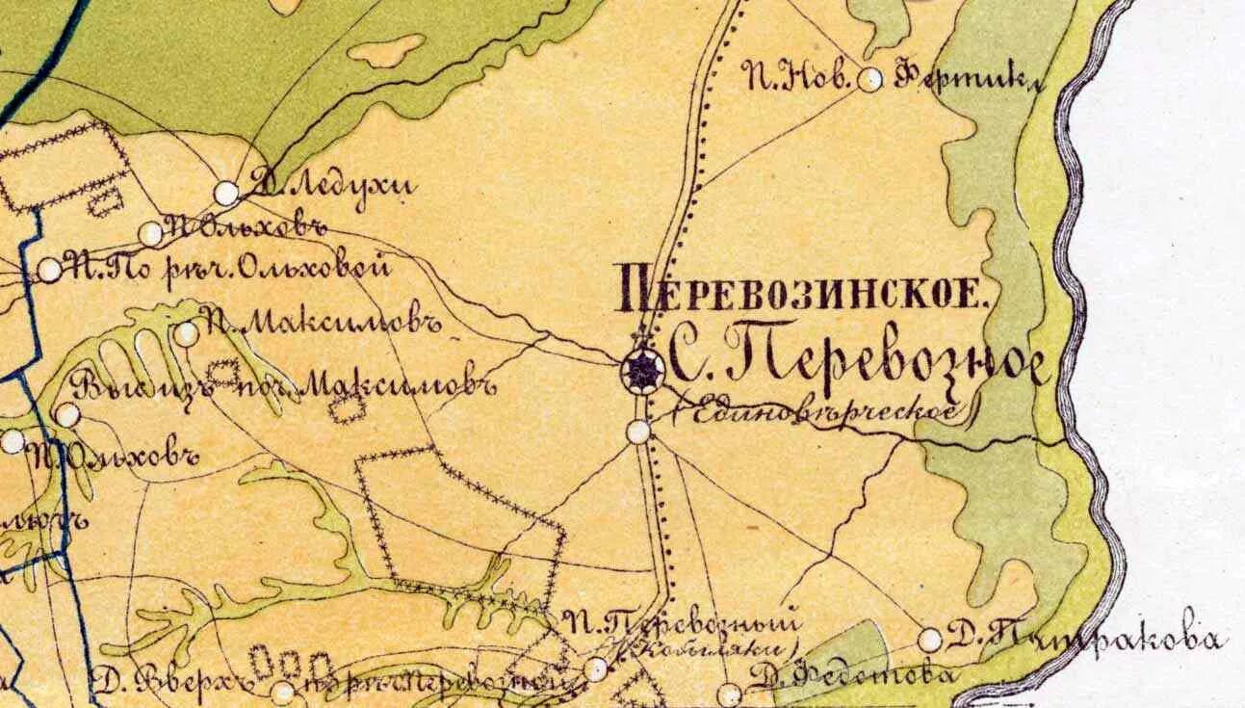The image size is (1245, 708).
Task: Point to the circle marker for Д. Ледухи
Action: click(226, 193)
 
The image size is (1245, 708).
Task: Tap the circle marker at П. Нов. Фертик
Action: click(870, 80)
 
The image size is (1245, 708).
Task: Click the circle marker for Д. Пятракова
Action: click(930, 640)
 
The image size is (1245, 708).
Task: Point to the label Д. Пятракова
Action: click(1084, 636)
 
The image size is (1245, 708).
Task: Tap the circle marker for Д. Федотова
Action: click(731, 693)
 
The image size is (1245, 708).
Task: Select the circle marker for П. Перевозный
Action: click(597, 669)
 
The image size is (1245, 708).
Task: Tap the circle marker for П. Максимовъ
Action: click(186, 334)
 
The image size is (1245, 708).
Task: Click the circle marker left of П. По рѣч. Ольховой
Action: click(50, 270)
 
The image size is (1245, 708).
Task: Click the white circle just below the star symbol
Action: click(638, 432)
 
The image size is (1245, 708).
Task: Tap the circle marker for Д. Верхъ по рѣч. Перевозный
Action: click(282, 692)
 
